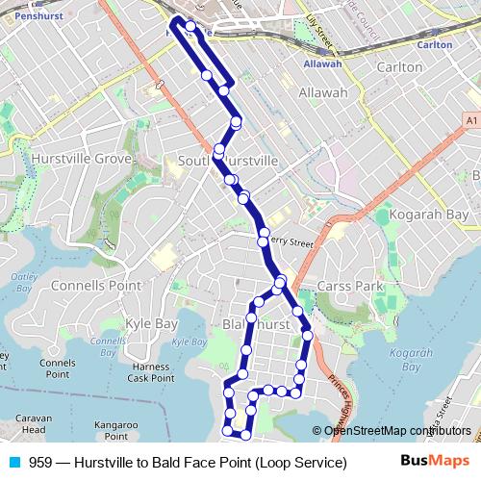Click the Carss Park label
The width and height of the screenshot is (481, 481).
click(x=351, y=287)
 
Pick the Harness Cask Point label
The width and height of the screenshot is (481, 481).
click(x=151, y=371)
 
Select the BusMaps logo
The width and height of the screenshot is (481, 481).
click(x=434, y=462)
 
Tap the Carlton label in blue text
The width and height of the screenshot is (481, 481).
click(x=436, y=44)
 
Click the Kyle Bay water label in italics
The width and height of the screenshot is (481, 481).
click(x=188, y=341)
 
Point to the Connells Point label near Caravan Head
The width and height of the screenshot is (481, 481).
click(x=58, y=368)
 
